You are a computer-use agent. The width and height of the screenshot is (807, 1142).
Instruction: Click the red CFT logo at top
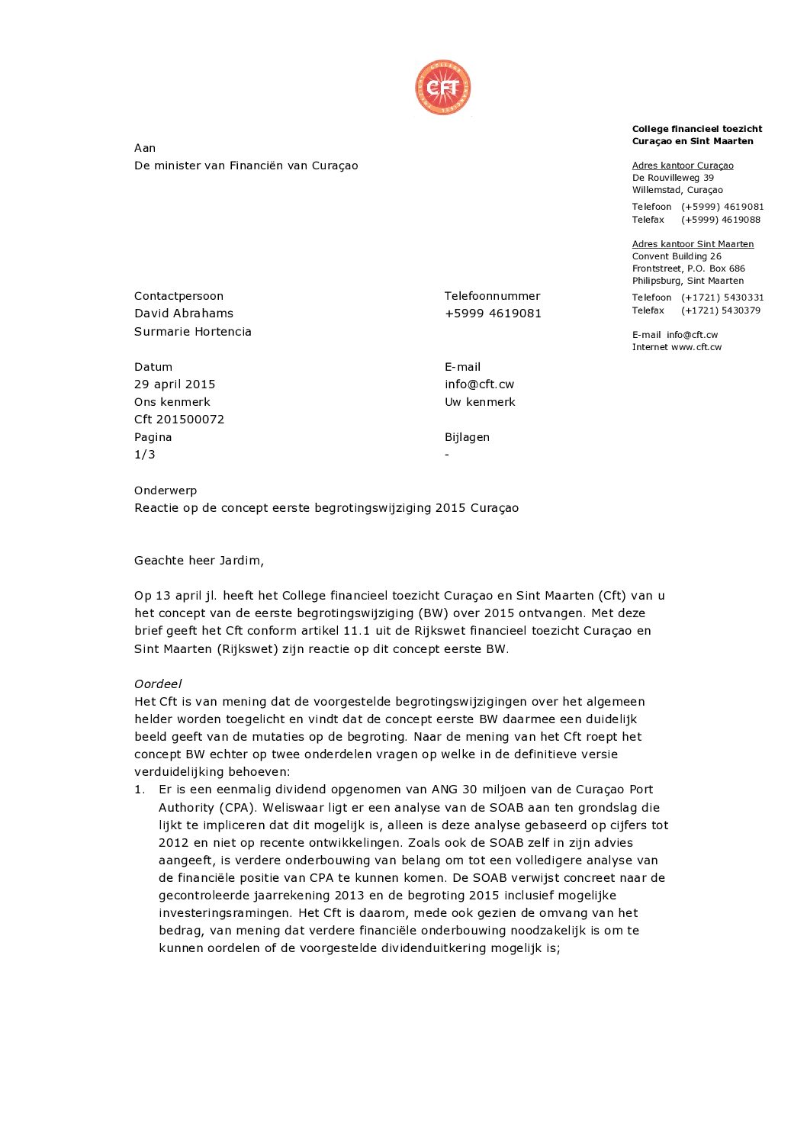coord(442,88)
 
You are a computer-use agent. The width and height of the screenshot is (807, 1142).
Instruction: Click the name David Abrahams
coord(184,314)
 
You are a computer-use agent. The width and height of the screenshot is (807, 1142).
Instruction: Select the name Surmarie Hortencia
coord(193,332)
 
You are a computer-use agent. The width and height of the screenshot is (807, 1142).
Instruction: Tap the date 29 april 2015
coord(175,384)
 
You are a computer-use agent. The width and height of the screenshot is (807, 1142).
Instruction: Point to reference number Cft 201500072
coord(179,420)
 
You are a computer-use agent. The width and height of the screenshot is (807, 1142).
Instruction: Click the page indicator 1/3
coord(145,455)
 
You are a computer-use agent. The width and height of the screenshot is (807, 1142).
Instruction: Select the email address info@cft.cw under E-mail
coord(479,384)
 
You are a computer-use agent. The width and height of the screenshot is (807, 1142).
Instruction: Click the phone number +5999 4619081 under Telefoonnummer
coord(493,314)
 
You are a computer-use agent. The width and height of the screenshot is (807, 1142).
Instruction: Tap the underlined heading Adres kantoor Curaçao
coord(683,166)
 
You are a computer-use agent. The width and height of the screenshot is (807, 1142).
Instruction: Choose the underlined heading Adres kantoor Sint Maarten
coord(693,244)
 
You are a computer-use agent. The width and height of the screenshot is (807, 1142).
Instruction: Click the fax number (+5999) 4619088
coord(721,220)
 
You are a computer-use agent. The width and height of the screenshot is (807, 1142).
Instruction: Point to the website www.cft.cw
coord(696,347)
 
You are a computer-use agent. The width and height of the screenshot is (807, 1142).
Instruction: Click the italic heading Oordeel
coord(158,684)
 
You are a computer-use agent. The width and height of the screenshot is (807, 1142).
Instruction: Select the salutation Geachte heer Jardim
coord(199,561)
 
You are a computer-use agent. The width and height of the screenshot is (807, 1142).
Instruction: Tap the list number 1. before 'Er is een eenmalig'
coord(140,790)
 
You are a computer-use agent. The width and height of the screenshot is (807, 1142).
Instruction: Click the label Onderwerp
coord(166,491)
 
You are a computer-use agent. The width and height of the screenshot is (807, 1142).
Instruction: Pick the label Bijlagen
coord(467,437)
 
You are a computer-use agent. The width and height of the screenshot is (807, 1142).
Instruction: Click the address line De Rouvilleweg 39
coord(673,178)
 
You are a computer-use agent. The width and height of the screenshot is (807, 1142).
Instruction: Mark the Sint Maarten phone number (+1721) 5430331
coord(722,298)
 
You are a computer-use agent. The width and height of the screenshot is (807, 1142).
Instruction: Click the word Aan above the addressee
coord(145,148)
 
